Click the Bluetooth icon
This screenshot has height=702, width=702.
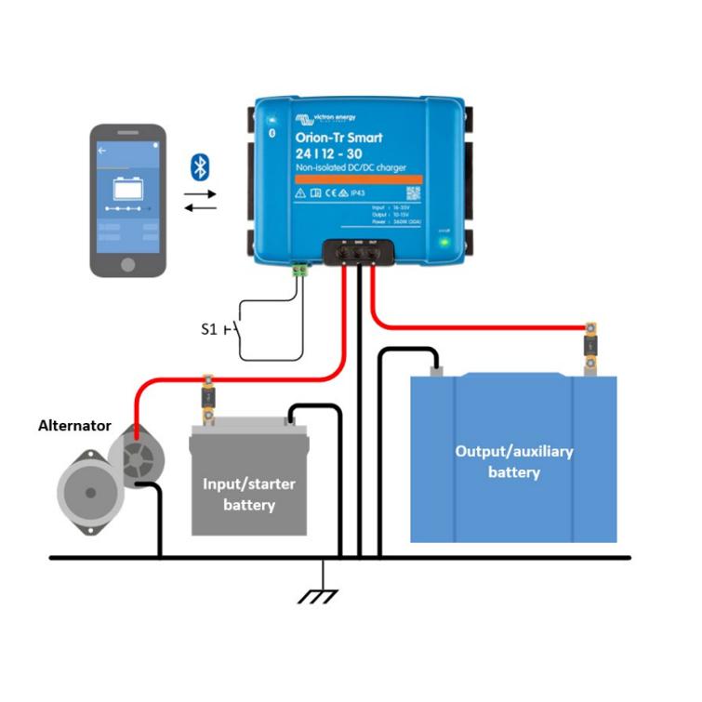pos(198,166)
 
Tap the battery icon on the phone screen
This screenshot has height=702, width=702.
pos(127,190)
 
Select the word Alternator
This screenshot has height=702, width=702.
pos(74,426)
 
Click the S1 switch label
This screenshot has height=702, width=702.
pos(209,328)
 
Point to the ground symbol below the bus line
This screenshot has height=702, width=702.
pos(323,591)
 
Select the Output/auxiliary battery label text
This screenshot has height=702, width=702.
pos(513,461)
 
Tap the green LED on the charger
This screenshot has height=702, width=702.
pos(444,243)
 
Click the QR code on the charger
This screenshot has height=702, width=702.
pos(413,193)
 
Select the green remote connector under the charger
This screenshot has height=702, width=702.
pos(298,270)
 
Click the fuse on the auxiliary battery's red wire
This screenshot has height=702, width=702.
pos(589,346)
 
